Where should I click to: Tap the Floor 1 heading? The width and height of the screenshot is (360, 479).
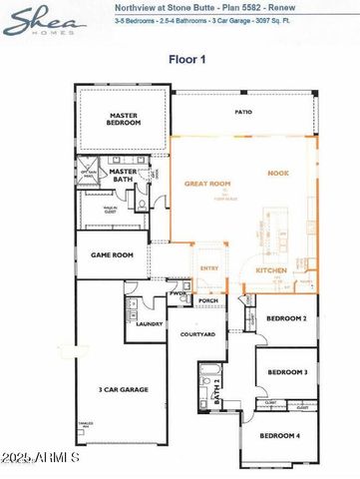186,58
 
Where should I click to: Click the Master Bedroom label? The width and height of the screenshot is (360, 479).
125,119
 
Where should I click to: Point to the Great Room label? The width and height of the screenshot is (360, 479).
206,184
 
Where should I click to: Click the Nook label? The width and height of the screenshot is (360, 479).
277,174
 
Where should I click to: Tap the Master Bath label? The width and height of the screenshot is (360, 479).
123,175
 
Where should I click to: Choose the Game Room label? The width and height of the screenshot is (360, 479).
112,255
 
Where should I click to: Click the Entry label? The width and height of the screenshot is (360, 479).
209,268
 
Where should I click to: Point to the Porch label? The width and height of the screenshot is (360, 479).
208,300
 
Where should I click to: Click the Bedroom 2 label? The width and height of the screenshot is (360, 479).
286,318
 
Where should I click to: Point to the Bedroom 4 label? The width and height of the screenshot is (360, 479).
279,436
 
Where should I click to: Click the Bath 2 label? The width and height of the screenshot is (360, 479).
215,396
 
